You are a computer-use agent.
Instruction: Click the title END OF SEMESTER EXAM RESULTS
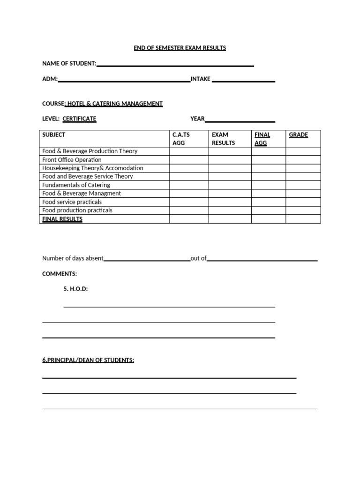pyautogui.click(x=180, y=48)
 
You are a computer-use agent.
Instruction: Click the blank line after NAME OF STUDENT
pyautogui.click(x=175, y=65)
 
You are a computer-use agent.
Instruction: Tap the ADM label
pyautogui.click(x=50, y=79)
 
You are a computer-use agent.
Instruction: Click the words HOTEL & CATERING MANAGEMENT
pyautogui.click(x=115, y=104)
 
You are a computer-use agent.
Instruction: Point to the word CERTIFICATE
pyautogui.click(x=79, y=119)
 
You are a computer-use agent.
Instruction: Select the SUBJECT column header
pyautogui.click(x=54, y=135)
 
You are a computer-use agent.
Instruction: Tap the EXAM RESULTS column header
pyautogui.click(x=223, y=139)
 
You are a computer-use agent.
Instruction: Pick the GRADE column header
pyautogui.click(x=298, y=135)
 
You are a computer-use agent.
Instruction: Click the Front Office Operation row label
pyautogui.click(x=72, y=160)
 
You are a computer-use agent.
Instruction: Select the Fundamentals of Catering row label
pyautogui.click(x=76, y=185)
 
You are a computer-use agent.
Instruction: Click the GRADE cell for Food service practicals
pyautogui.click(x=303, y=202)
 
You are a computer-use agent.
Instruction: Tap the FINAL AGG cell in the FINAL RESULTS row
pyautogui.click(x=269, y=219)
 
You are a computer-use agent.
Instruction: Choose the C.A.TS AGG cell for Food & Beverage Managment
pyautogui.click(x=189, y=194)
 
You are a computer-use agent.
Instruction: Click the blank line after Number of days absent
pyautogui.click(x=147, y=259)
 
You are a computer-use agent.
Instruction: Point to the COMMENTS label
pyautogui.click(x=60, y=274)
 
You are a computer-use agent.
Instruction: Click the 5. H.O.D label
pyautogui.click(x=75, y=289)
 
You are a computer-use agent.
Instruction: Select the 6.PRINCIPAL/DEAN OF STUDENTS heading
pyautogui.click(x=88, y=360)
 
